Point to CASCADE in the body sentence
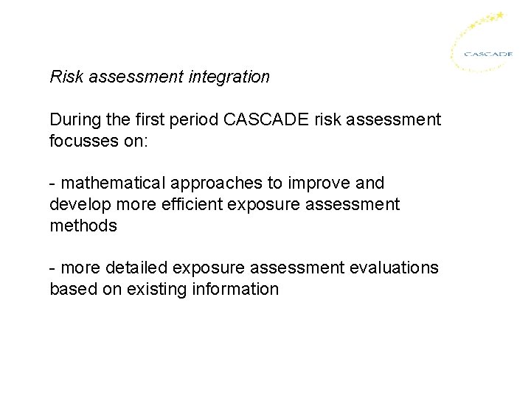[x=272, y=119]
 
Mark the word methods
[x=83, y=226]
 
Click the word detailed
[x=136, y=268]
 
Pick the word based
[x=72, y=289]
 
